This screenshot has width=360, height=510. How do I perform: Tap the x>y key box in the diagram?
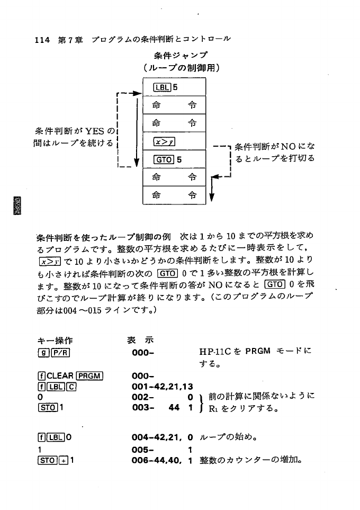[164, 141]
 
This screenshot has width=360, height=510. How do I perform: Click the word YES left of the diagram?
[95, 131]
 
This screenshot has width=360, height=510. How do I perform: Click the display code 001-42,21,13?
[161, 386]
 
